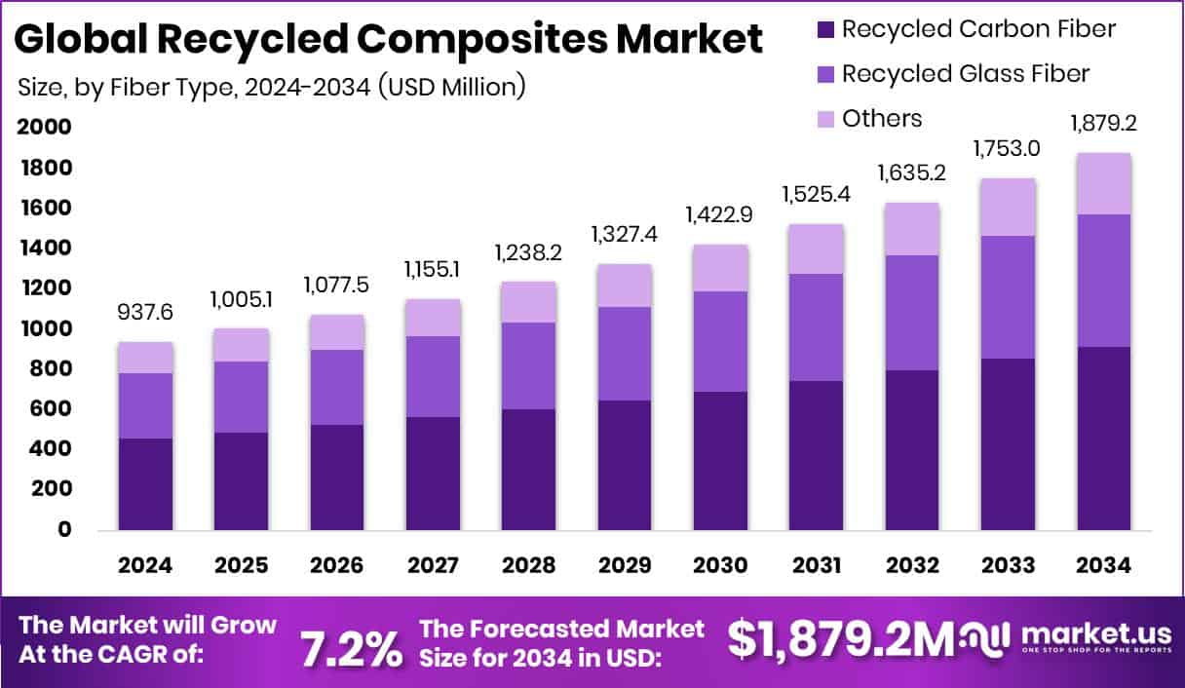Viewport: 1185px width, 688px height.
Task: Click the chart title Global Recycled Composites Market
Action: [389, 40]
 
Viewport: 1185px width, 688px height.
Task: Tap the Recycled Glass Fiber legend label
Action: [965, 73]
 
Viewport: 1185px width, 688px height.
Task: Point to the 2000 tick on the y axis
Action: [43, 128]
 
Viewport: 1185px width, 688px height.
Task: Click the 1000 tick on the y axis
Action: [43, 329]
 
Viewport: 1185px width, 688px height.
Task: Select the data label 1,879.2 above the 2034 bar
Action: [1104, 124]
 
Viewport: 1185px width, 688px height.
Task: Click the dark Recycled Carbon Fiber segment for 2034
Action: [1104, 439]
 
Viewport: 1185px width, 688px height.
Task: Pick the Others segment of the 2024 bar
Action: [145, 358]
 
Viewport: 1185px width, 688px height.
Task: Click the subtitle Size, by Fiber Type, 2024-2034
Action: [272, 86]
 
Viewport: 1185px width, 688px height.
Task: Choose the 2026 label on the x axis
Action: [338, 566]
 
